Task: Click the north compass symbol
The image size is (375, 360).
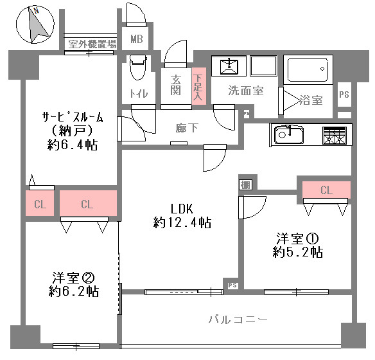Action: click(x=35, y=24)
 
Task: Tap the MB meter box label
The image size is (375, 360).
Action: click(x=137, y=39)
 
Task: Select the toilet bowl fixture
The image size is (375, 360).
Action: click(x=138, y=67)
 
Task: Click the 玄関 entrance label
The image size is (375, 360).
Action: click(x=176, y=85)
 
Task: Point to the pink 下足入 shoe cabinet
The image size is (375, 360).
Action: click(x=199, y=86)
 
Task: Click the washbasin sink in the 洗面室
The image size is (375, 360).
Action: click(x=229, y=66)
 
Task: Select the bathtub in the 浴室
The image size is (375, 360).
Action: click(x=308, y=69)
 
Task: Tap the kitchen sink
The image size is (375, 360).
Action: click(x=289, y=135)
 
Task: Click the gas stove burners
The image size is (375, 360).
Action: click(x=335, y=136)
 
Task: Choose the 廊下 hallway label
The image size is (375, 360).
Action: click(x=187, y=128)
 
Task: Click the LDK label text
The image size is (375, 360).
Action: click(x=182, y=209)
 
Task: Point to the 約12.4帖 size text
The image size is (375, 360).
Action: click(x=182, y=222)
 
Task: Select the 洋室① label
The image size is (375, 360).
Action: click(x=297, y=239)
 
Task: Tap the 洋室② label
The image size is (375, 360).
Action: click(x=74, y=278)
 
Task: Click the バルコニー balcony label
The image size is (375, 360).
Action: click(x=238, y=319)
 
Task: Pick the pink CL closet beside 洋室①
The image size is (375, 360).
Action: click(x=326, y=190)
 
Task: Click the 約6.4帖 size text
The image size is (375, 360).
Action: click(x=73, y=145)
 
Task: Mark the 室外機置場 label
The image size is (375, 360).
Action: click(x=92, y=44)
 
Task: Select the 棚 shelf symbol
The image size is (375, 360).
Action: click(x=245, y=184)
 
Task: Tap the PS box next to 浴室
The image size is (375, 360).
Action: click(x=344, y=94)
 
